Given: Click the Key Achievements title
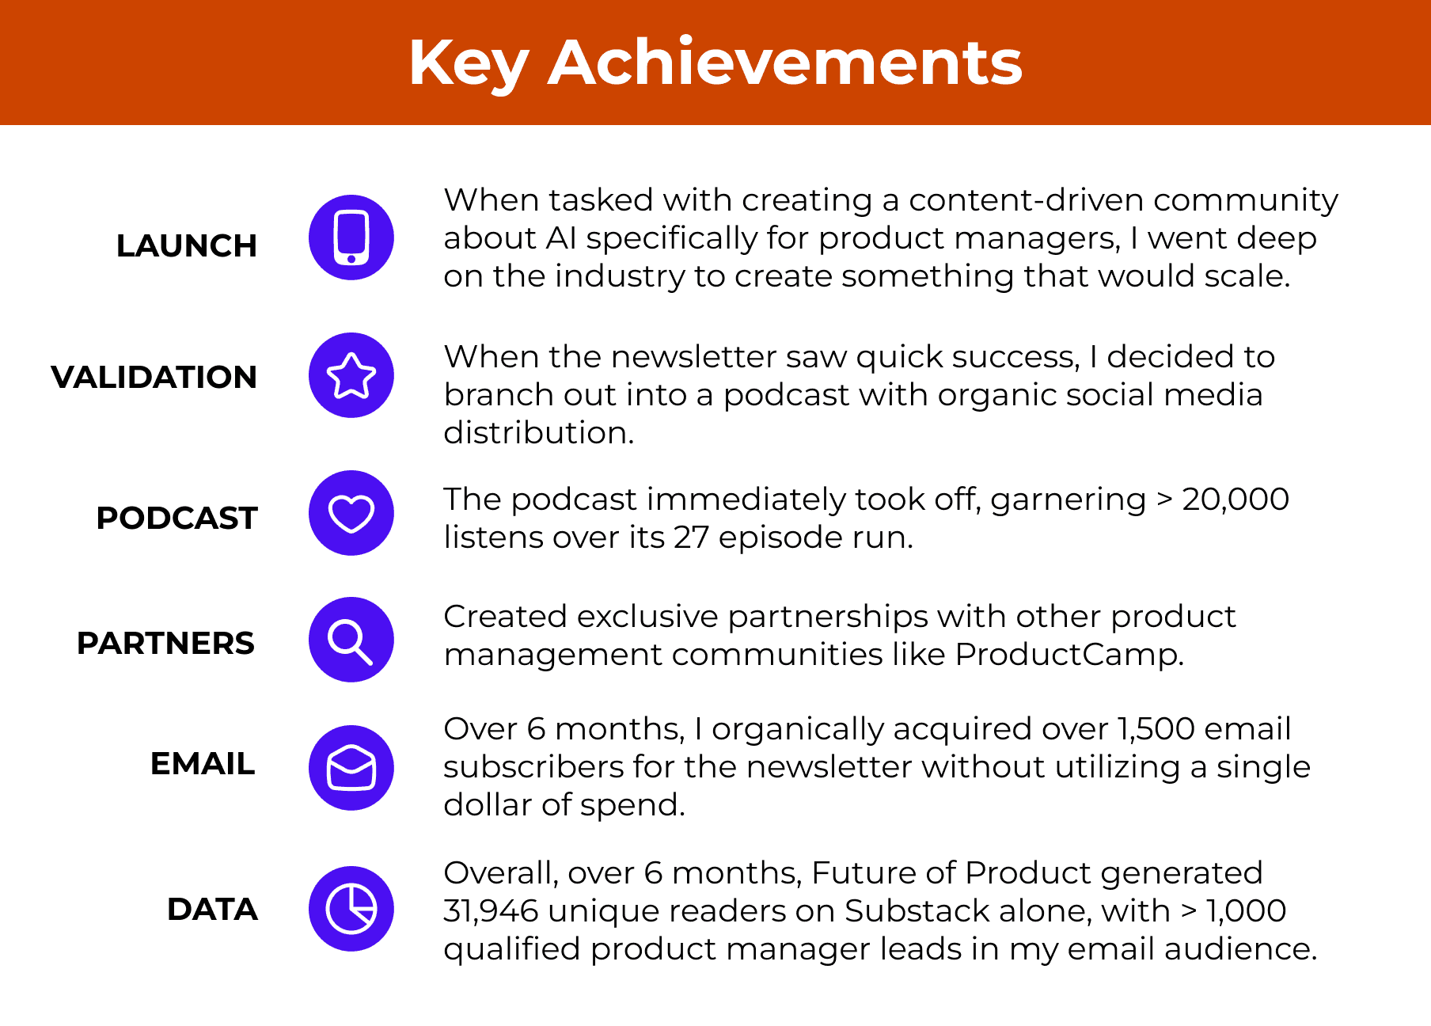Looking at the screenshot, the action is (x=715, y=63).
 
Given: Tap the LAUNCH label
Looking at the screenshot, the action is (x=187, y=246).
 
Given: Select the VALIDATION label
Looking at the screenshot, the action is (x=154, y=378).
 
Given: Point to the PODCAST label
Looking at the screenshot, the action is (x=177, y=519).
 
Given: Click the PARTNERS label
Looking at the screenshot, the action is (x=166, y=644).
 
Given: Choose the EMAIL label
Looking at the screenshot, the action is (x=203, y=764).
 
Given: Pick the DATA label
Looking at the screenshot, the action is (x=213, y=910).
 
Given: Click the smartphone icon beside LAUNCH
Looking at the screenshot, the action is (x=351, y=237).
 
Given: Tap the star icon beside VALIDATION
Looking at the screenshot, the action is (x=351, y=375).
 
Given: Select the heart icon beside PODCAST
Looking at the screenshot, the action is (x=351, y=513).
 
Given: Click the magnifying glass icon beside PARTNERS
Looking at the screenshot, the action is (x=351, y=640).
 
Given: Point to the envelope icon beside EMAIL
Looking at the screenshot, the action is (x=351, y=768).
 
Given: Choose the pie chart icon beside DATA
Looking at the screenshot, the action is (x=351, y=909).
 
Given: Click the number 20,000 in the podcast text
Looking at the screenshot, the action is (x=1236, y=500).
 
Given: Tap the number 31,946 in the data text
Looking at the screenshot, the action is (x=491, y=911).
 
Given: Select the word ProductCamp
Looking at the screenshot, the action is (x=1069, y=655).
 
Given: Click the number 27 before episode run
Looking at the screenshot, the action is (x=691, y=538).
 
